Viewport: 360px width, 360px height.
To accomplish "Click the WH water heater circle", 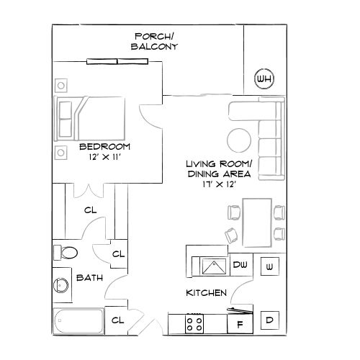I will pyautogui.click(x=264, y=78).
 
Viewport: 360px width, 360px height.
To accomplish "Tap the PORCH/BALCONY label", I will pyautogui.click(x=154, y=41).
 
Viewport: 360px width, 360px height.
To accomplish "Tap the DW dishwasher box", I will pyautogui.click(x=241, y=265).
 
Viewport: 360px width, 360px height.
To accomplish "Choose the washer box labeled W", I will pyautogui.click(x=269, y=266).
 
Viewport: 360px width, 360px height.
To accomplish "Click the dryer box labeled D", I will pyautogui.click(x=269, y=320).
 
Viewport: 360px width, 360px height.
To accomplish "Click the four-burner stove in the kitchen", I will pyautogui.click(x=194, y=323).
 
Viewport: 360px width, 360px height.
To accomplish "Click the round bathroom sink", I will pyautogui.click(x=61, y=286).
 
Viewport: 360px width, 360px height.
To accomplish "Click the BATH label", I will pyautogui.click(x=89, y=277).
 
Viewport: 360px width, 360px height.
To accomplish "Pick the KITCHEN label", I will pyautogui.click(x=207, y=293).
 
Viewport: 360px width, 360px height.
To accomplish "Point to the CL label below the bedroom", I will pyautogui.click(x=90, y=210).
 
